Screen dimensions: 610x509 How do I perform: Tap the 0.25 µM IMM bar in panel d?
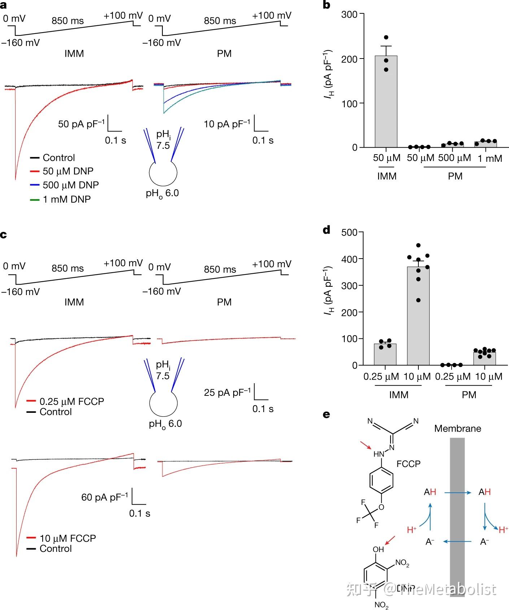(385, 354)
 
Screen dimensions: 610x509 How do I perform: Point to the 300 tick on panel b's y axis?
(349, 14)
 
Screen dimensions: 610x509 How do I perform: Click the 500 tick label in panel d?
(349, 232)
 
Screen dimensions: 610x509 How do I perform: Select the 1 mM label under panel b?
(490, 159)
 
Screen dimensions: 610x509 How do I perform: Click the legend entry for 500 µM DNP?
(70, 185)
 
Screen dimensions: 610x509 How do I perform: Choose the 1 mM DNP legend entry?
(66, 199)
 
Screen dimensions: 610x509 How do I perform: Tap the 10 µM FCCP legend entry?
(68, 538)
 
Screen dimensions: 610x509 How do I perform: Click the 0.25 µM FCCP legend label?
(71, 402)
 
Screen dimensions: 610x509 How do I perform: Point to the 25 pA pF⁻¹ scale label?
(227, 392)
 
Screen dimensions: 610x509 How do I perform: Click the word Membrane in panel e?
(457, 429)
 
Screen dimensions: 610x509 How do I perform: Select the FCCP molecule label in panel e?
(408, 464)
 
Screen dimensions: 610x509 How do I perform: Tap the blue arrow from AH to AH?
(457, 492)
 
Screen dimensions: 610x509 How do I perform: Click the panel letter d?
(326, 230)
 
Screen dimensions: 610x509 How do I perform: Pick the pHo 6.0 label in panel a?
(162, 194)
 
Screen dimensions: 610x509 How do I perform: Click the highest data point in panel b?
(386, 38)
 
